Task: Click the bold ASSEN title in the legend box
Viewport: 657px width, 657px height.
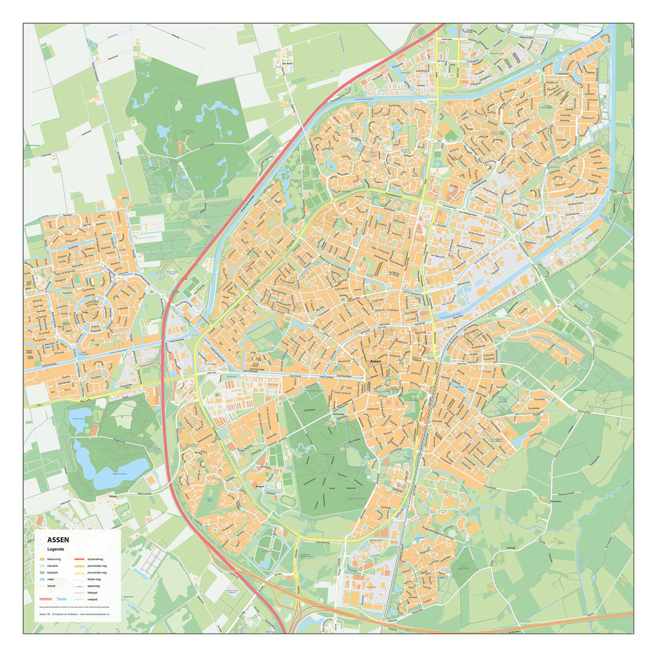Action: pyautogui.click(x=58, y=540)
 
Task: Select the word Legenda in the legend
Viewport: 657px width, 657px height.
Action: pyautogui.click(x=55, y=549)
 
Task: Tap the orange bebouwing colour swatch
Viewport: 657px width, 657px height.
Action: pyautogui.click(x=42, y=559)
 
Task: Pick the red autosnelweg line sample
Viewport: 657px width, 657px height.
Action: pyautogui.click(x=79, y=559)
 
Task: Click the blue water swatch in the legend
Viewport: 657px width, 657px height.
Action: pyautogui.click(x=42, y=579)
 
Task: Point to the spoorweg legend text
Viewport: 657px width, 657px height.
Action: pyautogui.click(x=94, y=586)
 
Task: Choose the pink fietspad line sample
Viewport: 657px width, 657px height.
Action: pyautogui.click(x=79, y=593)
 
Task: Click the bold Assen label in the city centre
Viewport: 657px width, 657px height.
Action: pyautogui.click(x=375, y=361)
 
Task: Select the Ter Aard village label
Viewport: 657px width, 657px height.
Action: pyautogui.click(x=287, y=64)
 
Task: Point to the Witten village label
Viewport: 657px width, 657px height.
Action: pyautogui.click(x=102, y=496)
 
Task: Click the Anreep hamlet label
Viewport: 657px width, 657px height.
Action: pyautogui.click(x=511, y=548)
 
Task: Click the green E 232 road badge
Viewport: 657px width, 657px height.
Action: pyautogui.click(x=176, y=291)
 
